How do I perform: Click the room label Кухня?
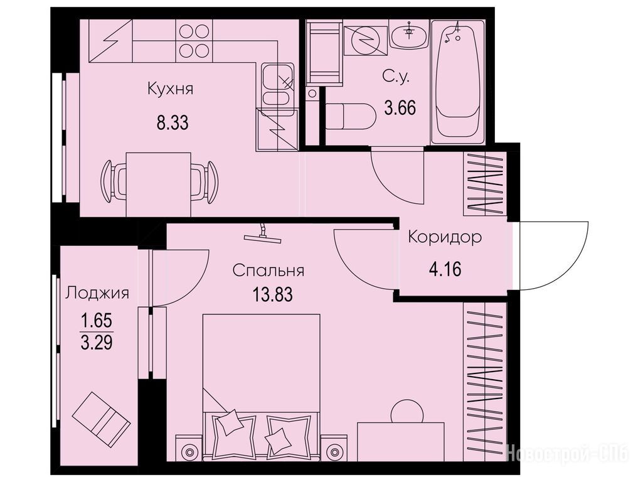click(170, 88)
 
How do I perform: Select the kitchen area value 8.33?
click(173, 122)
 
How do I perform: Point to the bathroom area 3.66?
click(400, 109)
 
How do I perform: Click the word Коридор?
click(445, 237)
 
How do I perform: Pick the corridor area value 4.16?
click(445, 269)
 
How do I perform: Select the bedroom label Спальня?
click(268, 270)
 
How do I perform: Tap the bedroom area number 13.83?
click(273, 294)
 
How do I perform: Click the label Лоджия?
click(97, 293)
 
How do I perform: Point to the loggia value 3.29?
click(97, 343)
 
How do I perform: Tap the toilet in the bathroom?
click(350, 117)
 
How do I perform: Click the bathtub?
click(457, 82)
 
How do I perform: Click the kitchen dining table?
click(159, 185)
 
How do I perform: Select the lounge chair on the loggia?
click(102, 418)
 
